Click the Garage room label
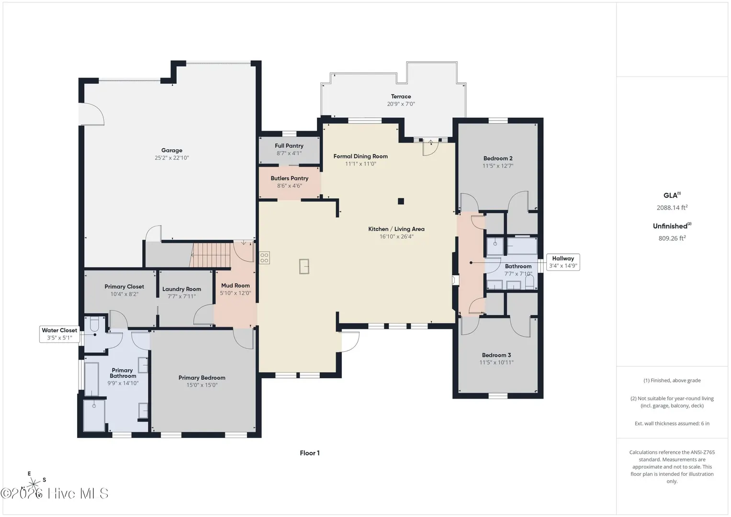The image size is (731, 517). click(x=172, y=150)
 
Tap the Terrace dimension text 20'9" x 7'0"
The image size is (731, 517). click(x=401, y=104)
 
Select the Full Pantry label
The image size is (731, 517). click(x=289, y=146)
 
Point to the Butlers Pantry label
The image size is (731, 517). click(x=290, y=178)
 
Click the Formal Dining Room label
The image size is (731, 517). click(x=360, y=157)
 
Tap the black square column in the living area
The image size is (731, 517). click(x=401, y=201)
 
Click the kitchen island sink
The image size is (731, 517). click(x=304, y=266)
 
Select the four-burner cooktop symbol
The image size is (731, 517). click(x=264, y=258)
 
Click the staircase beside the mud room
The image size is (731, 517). click(x=211, y=255)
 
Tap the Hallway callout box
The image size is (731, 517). click(x=563, y=262)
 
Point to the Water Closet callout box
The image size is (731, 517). click(x=59, y=334)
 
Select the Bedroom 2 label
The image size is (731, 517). click(x=498, y=158)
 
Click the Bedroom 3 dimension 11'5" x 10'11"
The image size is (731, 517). click(x=496, y=362)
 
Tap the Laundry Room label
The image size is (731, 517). click(x=181, y=289)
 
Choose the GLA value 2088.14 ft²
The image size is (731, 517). click(x=672, y=207)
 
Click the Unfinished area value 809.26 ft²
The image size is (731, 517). click(x=672, y=238)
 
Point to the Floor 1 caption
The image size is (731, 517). click(x=310, y=453)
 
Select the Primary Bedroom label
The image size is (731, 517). click(x=202, y=378)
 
